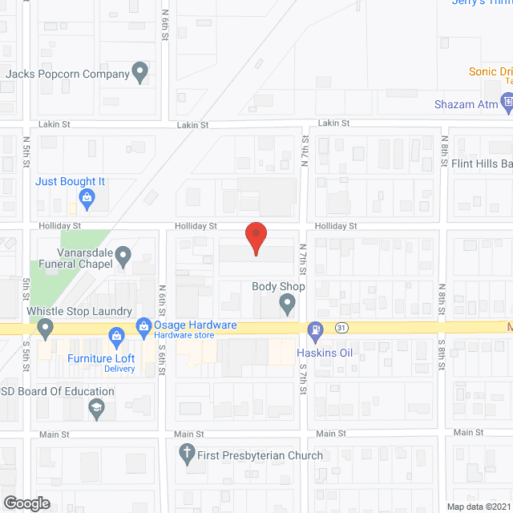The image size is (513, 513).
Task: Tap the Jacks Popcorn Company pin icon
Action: pyautogui.click(x=140, y=74)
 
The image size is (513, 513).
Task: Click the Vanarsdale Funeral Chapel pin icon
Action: pyautogui.click(x=123, y=257)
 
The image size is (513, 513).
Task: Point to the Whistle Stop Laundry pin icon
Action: pyautogui.click(x=45, y=326)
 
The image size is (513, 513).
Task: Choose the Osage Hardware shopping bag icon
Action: pyautogui.click(x=144, y=325)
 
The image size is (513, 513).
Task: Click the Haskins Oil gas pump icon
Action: pyautogui.click(x=316, y=329)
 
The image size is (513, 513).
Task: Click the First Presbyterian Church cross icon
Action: pyautogui.click(x=188, y=454)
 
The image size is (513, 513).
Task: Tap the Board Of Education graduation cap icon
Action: pyautogui.click(x=98, y=407)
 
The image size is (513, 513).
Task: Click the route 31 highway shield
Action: pyautogui.click(x=341, y=328)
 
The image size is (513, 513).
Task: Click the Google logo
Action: pyautogui.click(x=26, y=503)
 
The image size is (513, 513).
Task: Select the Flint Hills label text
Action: pyautogui.click(x=482, y=164)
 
